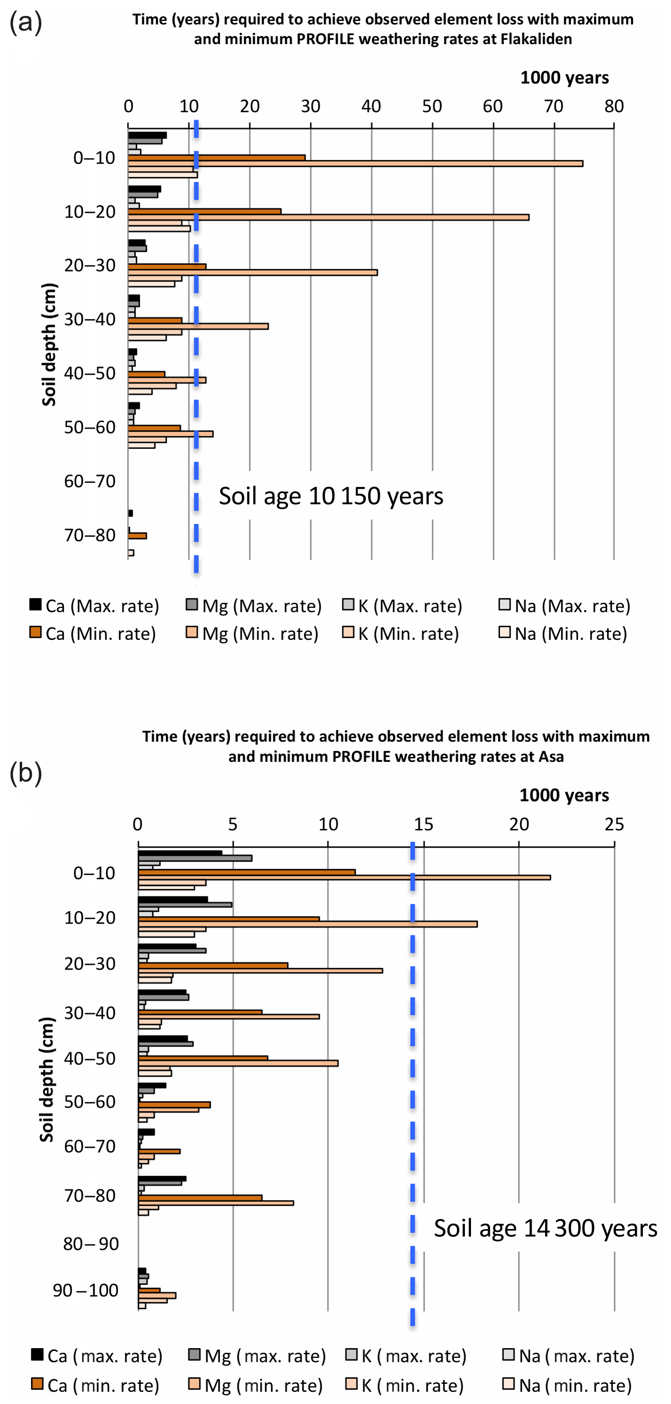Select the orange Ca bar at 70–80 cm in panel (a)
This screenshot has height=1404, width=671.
[138, 536]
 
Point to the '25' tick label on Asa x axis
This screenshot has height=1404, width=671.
[614, 824]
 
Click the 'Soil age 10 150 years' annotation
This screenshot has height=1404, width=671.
[331, 496]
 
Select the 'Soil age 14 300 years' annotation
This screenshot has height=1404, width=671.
[545, 1229]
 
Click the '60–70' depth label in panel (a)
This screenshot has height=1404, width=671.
[90, 481]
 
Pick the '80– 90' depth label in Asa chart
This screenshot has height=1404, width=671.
[91, 1244]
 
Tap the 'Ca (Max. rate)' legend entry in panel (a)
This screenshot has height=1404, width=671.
[94, 606]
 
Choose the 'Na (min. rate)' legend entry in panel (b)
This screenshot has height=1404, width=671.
[567, 1385]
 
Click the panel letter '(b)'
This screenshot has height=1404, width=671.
[26, 773]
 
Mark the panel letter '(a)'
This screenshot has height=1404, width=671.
[26, 23]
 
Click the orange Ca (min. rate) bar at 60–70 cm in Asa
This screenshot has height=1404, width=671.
[159, 1152]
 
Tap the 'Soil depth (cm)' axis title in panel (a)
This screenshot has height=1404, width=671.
[49, 344]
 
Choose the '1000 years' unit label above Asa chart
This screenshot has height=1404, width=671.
[564, 795]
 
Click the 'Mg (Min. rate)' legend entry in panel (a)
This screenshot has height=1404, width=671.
[253, 634]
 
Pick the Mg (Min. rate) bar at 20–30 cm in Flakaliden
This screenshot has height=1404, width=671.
[253, 273]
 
